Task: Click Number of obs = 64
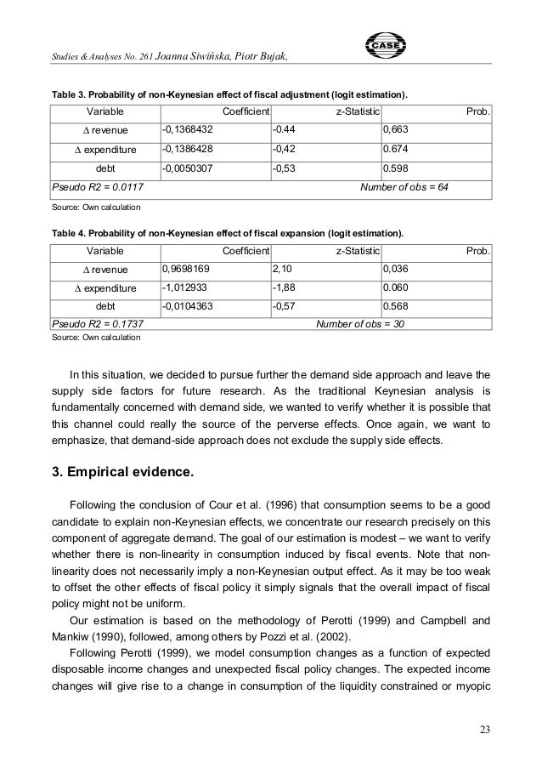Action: point(405,186)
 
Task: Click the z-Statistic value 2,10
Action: point(281,270)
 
